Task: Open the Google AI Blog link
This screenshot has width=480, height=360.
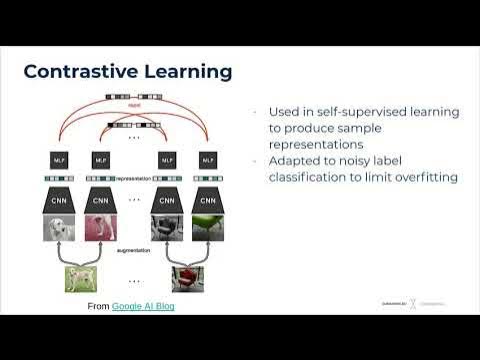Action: pos(143,305)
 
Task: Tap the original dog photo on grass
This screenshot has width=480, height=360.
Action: pos(80,276)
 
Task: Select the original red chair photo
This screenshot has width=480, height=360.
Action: pos(186,276)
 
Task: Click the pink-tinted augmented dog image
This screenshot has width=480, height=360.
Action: pos(100,229)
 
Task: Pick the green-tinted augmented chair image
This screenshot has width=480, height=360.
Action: pos(208,229)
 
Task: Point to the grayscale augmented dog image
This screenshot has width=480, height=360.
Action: pos(58,229)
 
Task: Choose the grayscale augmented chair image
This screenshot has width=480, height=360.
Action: pos(165,229)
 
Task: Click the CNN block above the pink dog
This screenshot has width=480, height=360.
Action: pos(100,199)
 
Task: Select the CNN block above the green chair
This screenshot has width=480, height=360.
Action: pos(208,199)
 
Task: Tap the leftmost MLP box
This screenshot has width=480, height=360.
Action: pos(58,159)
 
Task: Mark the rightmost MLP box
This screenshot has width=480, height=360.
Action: pos(208,159)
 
